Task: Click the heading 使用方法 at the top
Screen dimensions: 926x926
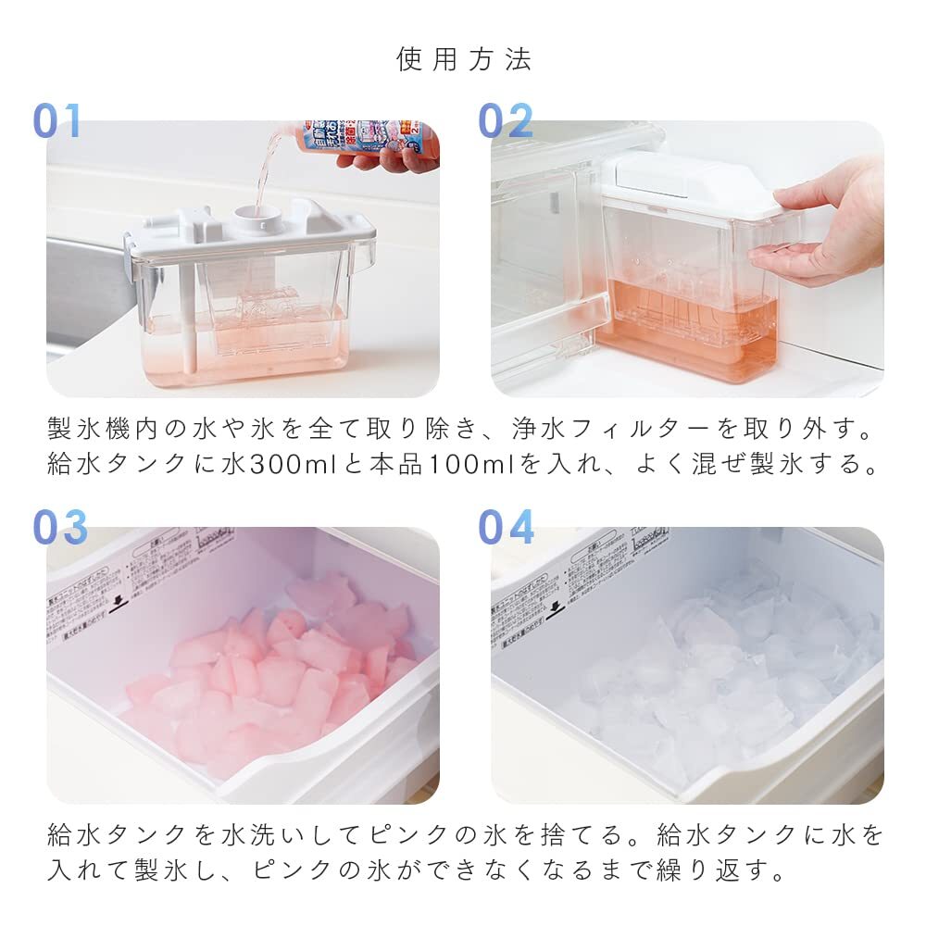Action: coord(464,60)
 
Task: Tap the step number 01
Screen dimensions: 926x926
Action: coord(57,121)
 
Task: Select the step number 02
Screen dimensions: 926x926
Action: coord(506,121)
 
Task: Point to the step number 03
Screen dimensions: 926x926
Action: coord(60,527)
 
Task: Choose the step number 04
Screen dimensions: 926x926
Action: coord(506,527)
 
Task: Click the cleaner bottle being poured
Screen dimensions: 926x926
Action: coord(370,138)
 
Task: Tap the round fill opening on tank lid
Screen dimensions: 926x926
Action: coord(251,216)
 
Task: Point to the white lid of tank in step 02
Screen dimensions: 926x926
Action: coord(690,186)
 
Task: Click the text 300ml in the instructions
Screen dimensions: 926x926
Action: coord(294,465)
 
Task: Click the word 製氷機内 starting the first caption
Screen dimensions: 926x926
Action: coord(105,429)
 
